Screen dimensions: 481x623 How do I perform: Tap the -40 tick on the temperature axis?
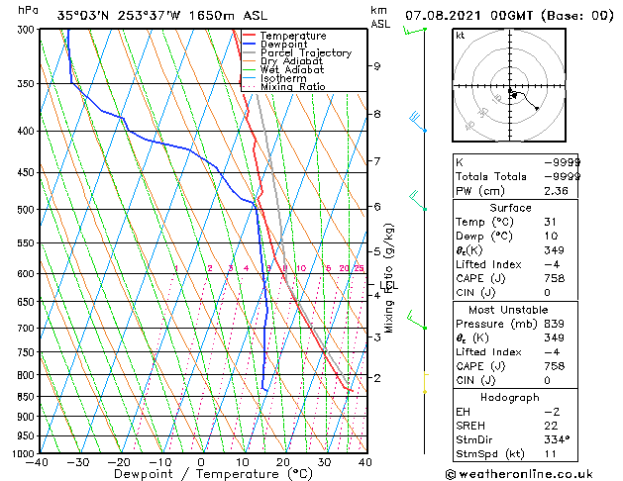coord(39,462)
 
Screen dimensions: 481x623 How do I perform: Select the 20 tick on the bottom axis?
coord(282,462)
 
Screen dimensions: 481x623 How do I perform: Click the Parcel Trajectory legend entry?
coord(305,52)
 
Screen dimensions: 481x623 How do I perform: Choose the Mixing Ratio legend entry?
coord(293,86)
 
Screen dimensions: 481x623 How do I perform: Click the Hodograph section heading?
coord(510,397)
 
